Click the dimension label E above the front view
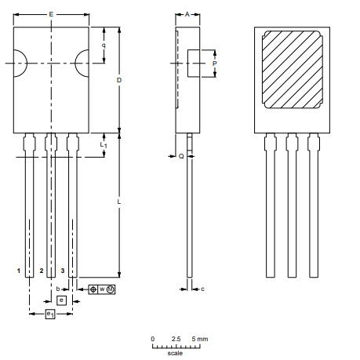pyautogui.click(x=51, y=14)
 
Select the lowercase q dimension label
pyautogui.click(x=104, y=45)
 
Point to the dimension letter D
pyautogui.click(x=119, y=80)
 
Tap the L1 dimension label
pyautogui.click(x=104, y=146)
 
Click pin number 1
pyautogui.click(x=19, y=271)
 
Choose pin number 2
pyautogui.click(x=41, y=271)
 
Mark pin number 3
pyautogui.click(x=63, y=271)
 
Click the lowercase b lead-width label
pyautogui.click(x=58, y=289)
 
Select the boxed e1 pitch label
pyautogui.click(x=50, y=314)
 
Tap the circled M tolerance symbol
pyautogui.click(x=111, y=289)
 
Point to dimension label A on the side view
pyautogui.click(x=187, y=14)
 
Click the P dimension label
pyautogui.click(x=215, y=63)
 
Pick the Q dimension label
pyautogui.click(x=180, y=156)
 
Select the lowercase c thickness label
pyautogui.click(x=202, y=289)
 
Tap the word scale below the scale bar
pyautogui.click(x=174, y=352)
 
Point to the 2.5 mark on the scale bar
pyautogui.click(x=176, y=338)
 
